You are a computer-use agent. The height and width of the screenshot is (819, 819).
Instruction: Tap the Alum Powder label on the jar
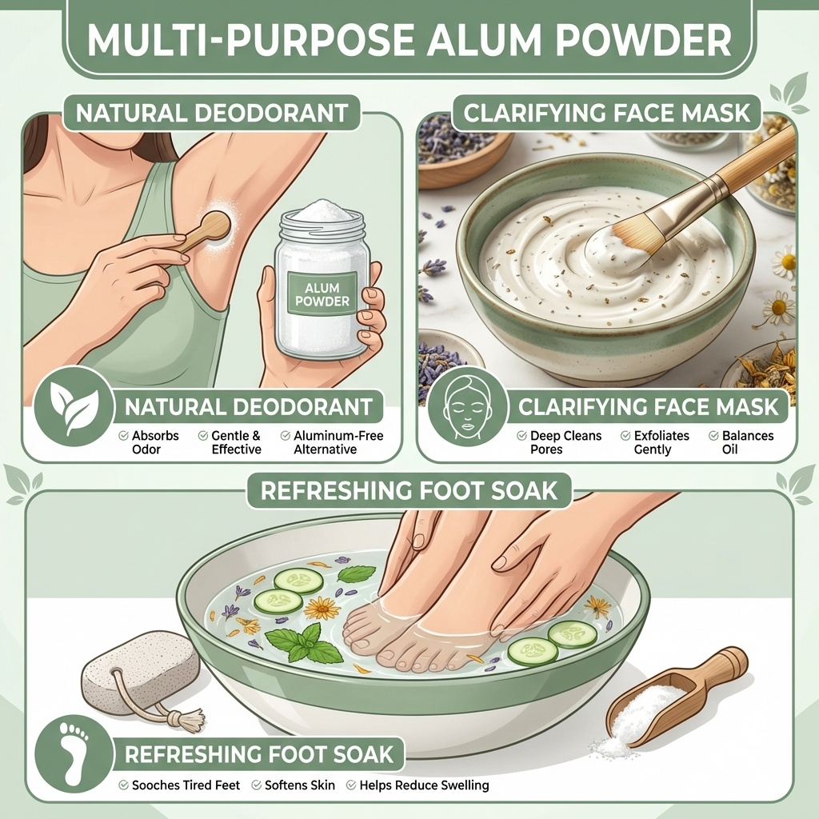[322, 294]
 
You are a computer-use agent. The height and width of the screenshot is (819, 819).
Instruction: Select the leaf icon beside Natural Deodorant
[74, 407]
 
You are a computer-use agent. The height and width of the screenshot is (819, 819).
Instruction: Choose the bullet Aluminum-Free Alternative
[332, 442]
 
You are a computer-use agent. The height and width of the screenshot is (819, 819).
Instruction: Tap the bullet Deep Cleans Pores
[559, 442]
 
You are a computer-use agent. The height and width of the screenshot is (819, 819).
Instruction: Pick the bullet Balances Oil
[741, 442]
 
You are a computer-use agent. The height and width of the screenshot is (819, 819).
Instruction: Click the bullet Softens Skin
[293, 785]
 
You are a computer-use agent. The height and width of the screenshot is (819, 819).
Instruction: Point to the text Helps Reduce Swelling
[424, 785]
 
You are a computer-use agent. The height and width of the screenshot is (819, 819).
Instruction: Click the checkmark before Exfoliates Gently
[625, 436]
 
